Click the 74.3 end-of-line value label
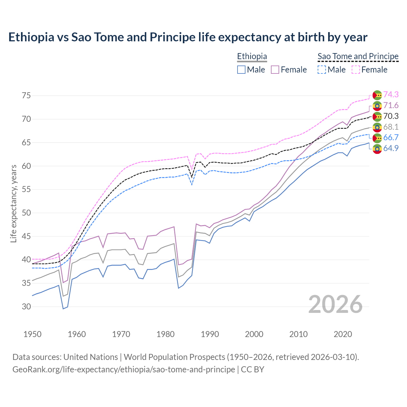[x=391, y=94]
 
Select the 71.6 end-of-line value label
[x=391, y=105]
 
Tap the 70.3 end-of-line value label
[x=391, y=116]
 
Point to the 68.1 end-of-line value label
[x=391, y=127]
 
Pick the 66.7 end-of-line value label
[x=391, y=137]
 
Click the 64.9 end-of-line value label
[x=391, y=148]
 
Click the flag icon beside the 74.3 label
[x=377, y=95]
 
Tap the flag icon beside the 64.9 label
[x=377, y=149]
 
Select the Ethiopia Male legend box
[x=241, y=70]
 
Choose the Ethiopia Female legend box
[x=275, y=70]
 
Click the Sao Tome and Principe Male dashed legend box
[x=322, y=70]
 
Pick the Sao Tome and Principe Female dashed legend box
[x=356, y=70]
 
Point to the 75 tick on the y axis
[x=26, y=96]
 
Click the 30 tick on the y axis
[x=26, y=307]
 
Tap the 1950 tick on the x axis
[x=32, y=334]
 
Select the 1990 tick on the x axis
[x=210, y=334]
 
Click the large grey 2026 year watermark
[x=335, y=304]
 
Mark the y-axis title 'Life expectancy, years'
[x=13, y=203]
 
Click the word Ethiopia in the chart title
[x=31, y=37]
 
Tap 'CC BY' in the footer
[x=252, y=369]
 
